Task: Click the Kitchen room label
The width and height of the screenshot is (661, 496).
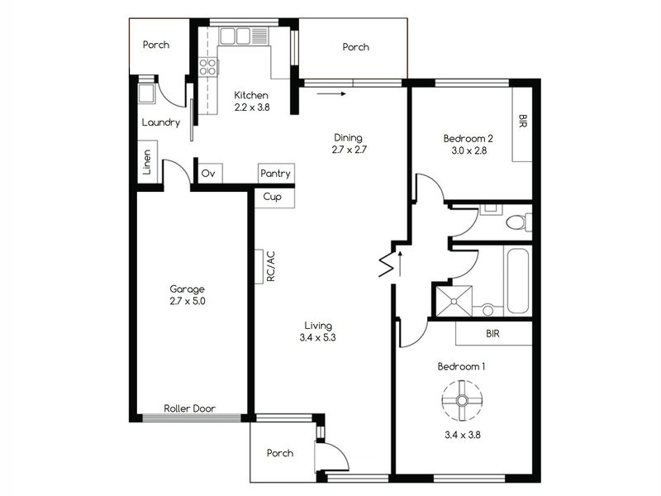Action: click(x=251, y=95)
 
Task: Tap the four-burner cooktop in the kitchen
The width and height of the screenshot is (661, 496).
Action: click(x=208, y=67)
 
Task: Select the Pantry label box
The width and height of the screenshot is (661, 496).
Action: click(x=276, y=174)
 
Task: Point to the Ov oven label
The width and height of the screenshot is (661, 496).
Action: click(x=208, y=174)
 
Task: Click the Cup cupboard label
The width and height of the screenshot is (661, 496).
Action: click(x=273, y=197)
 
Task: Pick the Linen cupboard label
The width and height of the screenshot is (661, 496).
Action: click(x=146, y=162)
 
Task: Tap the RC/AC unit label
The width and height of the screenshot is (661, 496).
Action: click(x=271, y=266)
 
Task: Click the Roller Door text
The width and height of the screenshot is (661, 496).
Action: click(x=190, y=408)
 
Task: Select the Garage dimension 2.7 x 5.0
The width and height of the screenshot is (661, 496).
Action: click(x=188, y=301)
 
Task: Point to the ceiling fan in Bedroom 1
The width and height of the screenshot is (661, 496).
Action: click(x=462, y=400)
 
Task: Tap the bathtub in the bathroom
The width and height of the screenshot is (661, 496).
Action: click(x=517, y=281)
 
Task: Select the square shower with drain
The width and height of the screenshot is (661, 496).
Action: click(x=454, y=301)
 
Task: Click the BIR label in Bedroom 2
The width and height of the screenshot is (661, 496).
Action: click(x=523, y=121)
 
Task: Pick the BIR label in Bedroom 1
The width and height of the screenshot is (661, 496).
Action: click(x=492, y=334)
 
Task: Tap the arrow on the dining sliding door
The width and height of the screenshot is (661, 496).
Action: click(x=331, y=93)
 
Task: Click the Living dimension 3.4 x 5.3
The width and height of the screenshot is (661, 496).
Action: click(x=318, y=337)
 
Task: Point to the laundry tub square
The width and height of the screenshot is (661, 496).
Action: click(x=146, y=93)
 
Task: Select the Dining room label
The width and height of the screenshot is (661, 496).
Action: click(x=348, y=137)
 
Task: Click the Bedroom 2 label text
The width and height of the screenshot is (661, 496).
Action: click(x=468, y=138)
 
